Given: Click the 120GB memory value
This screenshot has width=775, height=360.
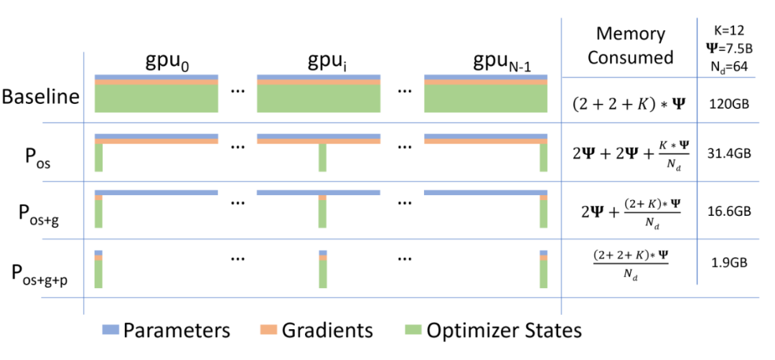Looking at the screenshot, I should (x=729, y=104).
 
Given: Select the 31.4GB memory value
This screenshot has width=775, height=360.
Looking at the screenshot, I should (x=729, y=152).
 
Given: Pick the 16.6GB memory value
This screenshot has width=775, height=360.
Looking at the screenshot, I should (x=729, y=212).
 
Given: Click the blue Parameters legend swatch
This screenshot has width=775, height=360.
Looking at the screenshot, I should (x=109, y=331).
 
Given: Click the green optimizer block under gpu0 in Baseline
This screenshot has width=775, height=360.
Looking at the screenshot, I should (x=156, y=98).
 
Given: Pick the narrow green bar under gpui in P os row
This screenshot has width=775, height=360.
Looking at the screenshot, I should (x=322, y=158).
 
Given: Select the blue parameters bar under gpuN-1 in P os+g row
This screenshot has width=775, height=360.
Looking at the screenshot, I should (x=485, y=192).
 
